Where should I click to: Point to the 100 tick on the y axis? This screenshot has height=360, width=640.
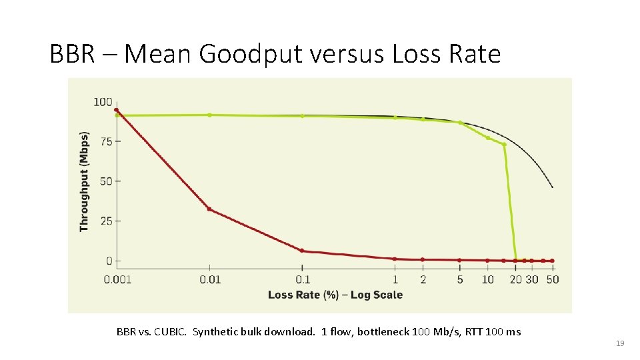click(103, 102)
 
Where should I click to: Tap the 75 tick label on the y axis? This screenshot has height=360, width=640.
click(106, 141)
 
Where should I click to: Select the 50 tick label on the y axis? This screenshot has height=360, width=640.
click(106, 181)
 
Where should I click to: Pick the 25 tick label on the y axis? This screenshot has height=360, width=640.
click(106, 221)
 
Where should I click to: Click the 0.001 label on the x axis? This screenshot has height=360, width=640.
click(117, 279)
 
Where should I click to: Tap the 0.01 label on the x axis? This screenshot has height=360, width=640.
click(210, 279)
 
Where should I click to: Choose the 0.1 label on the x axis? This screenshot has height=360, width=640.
click(302, 279)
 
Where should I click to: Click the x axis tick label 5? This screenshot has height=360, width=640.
click(460, 279)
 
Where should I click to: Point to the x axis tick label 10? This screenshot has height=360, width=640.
click(488, 279)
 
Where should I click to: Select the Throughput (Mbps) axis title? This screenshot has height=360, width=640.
click(85, 181)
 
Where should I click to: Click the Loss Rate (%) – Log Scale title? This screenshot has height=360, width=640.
click(335, 295)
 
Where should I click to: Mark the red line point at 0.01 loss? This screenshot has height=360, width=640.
click(209, 209)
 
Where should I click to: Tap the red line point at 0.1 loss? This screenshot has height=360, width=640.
click(302, 251)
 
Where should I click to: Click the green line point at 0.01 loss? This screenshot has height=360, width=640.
click(209, 115)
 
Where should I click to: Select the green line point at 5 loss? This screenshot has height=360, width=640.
click(460, 123)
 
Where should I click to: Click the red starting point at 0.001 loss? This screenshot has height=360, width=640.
click(117, 110)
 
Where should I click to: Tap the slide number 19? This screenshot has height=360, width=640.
click(620, 343)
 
